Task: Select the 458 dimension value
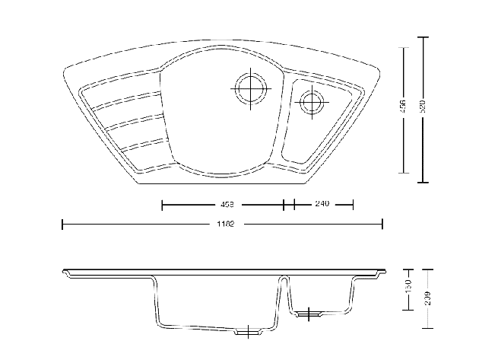tap(226, 204)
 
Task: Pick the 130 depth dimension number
tap(408, 288)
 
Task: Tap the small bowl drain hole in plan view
tap(311, 101)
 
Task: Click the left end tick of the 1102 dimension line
tap(62, 225)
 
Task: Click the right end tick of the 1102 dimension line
tap(382, 225)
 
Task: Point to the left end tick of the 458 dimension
tap(162, 204)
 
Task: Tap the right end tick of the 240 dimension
tap(354, 204)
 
